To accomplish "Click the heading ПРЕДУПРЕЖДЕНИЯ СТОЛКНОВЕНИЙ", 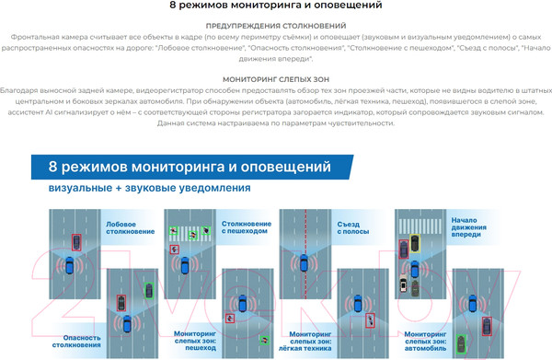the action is (276, 26).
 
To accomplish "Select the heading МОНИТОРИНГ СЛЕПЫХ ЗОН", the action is (276, 79).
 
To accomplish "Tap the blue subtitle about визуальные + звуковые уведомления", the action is (150, 188).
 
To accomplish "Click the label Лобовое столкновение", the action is (131, 228).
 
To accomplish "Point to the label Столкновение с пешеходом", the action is (247, 227).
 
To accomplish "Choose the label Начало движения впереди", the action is (469, 227).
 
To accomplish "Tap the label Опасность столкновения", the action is (76, 342).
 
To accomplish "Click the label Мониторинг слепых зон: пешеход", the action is (195, 341).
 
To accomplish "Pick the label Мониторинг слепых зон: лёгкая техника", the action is (305, 341).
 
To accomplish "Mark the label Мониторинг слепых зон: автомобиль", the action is (425, 341).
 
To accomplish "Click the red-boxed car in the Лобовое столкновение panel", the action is (76, 242).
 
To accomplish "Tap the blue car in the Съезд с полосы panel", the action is (304, 262).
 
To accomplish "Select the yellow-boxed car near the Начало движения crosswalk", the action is (415, 243).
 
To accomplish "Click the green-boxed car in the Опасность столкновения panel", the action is (149, 291).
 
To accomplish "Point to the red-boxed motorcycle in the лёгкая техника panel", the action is (370, 320).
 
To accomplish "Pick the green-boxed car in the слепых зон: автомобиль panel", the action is (461, 344).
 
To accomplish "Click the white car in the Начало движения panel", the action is (404, 284).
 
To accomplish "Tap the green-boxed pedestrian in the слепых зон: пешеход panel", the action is (264, 340).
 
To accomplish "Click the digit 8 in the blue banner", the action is (52, 167).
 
